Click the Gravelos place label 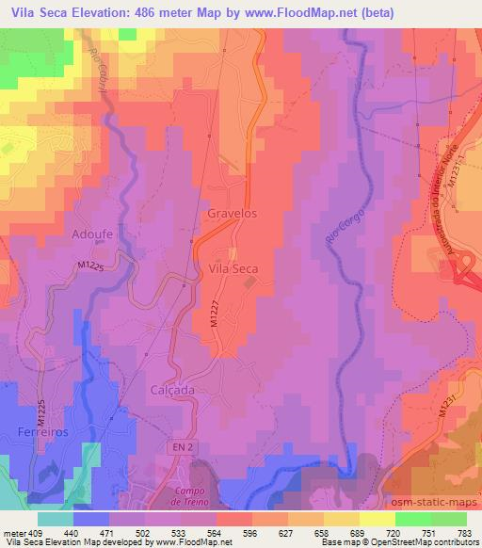click(x=232, y=214)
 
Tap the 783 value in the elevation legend click(x=463, y=533)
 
